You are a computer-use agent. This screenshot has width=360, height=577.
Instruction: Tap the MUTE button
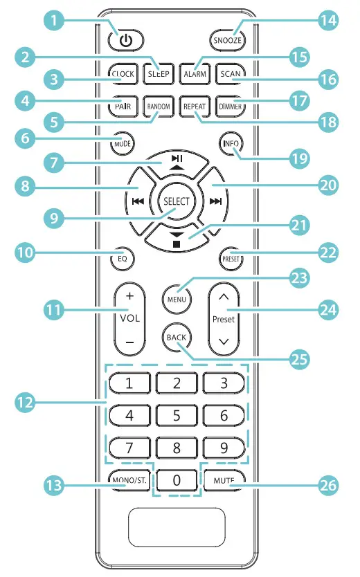(223, 478)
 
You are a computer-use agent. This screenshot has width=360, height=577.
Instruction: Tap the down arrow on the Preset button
(224, 342)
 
